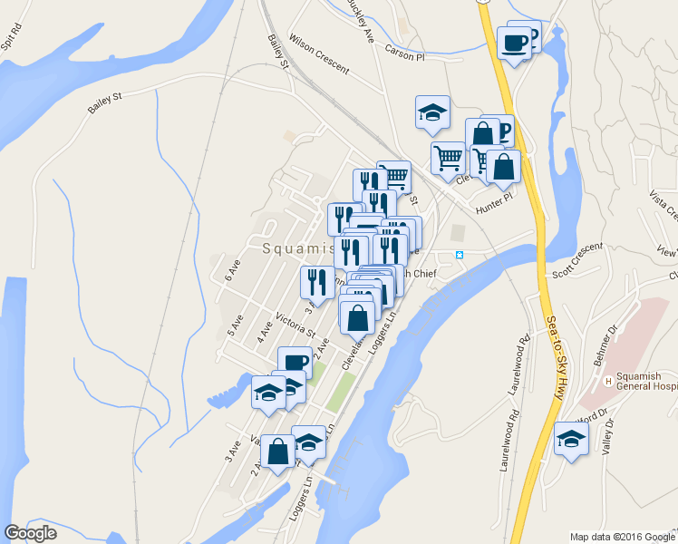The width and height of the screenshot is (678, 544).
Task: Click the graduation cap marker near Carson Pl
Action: click(432, 112)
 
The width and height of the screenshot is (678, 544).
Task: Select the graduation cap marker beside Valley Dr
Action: click(571, 439)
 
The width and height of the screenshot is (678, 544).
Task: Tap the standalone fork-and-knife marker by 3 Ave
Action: click(316, 282)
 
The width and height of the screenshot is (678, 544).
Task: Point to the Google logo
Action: click(30, 533)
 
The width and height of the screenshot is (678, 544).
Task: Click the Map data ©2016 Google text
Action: click(623, 537)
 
